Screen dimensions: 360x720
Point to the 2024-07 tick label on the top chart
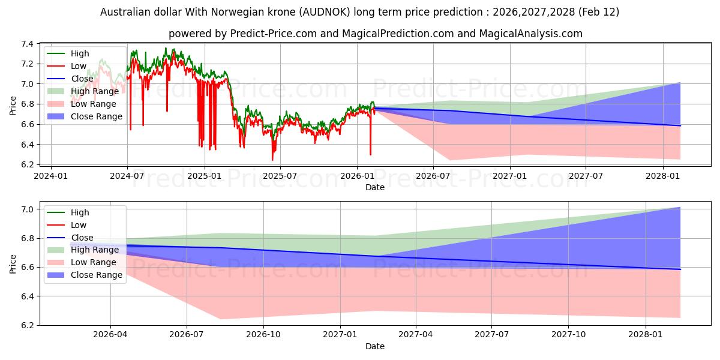[x=127, y=176]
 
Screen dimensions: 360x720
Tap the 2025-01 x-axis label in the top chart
[x=205, y=176]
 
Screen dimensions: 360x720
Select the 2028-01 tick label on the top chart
[x=663, y=176]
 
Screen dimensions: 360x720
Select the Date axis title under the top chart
[x=375, y=187]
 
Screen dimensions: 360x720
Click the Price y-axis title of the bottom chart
[x=13, y=263]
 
